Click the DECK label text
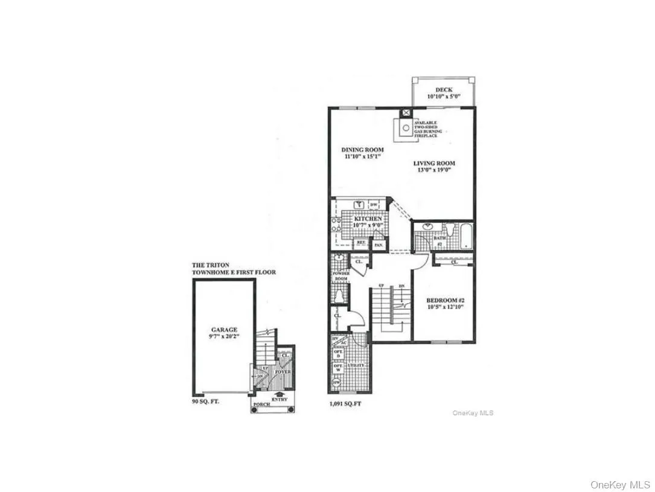443,90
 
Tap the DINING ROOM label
362,150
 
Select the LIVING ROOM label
434,163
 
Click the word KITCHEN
368,219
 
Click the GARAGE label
224,330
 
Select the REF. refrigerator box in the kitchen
361,243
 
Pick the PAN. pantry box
379,244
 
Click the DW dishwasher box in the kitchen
374,205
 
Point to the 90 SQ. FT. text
205,401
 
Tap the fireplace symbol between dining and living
406,127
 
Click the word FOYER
283,372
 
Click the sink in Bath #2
428,228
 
